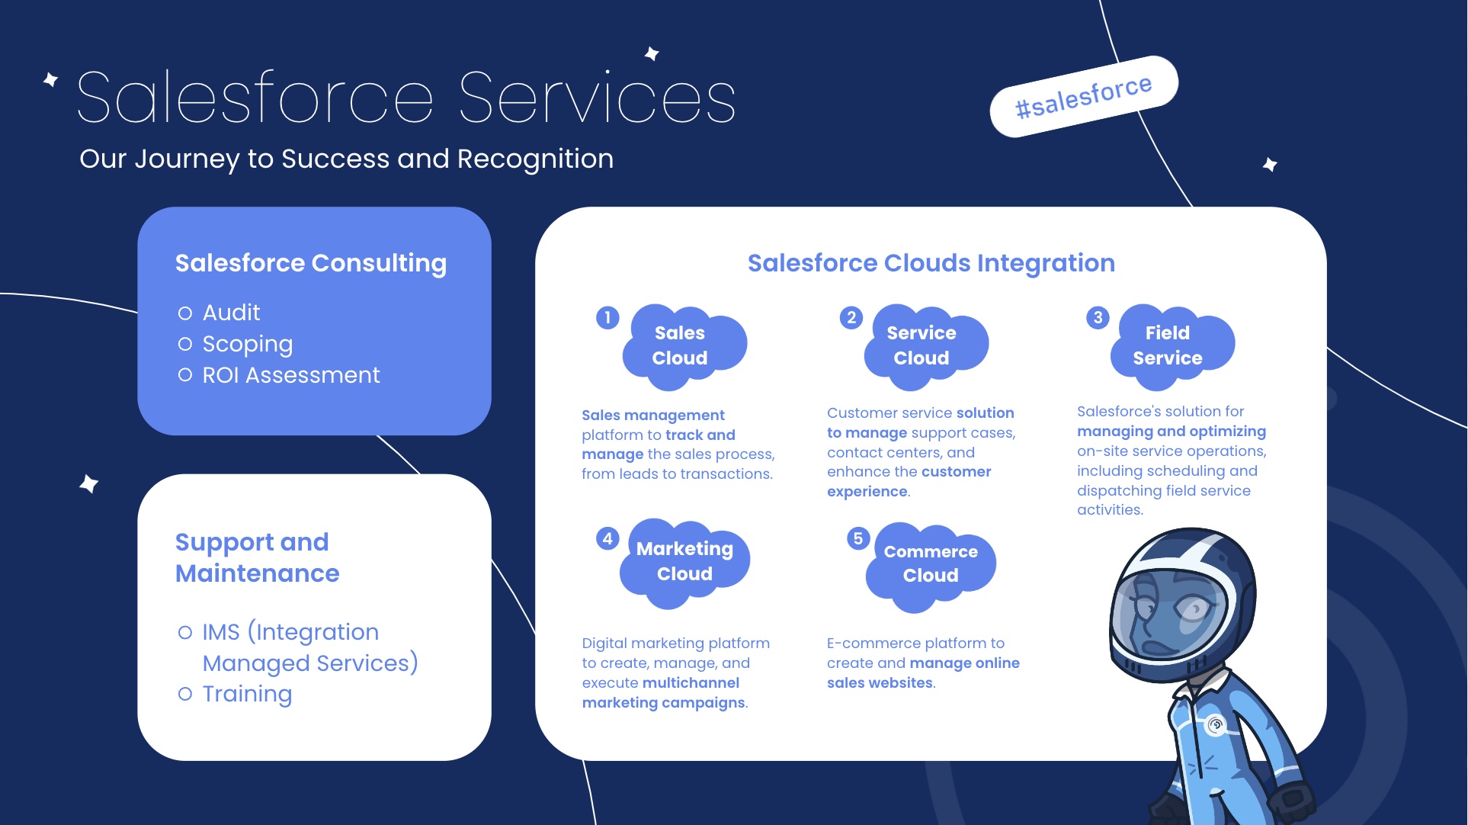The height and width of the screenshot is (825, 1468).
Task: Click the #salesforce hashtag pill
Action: [1083, 97]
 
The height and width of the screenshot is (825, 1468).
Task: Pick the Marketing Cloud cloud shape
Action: [684, 562]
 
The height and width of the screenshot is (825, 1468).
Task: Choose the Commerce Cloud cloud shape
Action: [931, 564]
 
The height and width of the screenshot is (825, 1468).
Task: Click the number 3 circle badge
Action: [1098, 318]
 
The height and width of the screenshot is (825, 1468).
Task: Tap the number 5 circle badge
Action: [857, 539]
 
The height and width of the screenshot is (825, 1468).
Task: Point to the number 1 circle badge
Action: [607, 318]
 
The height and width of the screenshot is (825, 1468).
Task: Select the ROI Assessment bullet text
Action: [290, 375]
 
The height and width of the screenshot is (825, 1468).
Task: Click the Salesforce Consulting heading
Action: [310, 263]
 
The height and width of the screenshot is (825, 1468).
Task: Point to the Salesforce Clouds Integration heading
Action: [931, 263]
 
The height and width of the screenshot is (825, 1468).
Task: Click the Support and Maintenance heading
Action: [257, 557]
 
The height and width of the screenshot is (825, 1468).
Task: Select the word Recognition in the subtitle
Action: [535, 159]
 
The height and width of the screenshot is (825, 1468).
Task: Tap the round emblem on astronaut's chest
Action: [1216, 724]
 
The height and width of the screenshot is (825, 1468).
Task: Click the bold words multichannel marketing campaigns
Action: [662, 693]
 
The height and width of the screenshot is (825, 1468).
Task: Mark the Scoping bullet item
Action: [247, 344]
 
